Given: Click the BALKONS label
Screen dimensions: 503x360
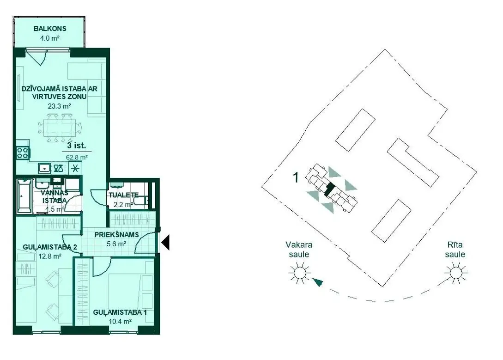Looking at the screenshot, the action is pos(50,29).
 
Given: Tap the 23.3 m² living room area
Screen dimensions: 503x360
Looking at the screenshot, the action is pos(59,106).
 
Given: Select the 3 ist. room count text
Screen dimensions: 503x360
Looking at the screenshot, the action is pos(76,146).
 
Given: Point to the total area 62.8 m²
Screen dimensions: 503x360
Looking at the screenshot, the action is pos(77,157).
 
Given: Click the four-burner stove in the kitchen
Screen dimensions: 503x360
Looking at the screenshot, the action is pos(23,153).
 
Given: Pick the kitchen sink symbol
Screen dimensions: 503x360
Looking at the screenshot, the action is pos(44,168).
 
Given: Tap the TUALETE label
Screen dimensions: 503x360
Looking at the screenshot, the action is pos(123,195).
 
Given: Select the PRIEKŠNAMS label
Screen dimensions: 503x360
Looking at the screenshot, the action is pos(116,235).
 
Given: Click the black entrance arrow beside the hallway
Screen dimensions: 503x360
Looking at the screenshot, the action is pos(165,242).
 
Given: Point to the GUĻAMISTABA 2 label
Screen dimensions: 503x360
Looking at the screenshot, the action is pos(50,247).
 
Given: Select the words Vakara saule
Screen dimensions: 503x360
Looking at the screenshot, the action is pos(299,250).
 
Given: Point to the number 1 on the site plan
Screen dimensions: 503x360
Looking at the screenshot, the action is pos(296,177).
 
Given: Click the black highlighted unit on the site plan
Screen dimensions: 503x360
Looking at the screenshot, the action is pos(329,189).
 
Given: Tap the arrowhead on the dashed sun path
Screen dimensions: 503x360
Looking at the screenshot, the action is pos(318,282).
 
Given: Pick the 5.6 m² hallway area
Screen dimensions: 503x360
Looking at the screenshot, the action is pos(116,244).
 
